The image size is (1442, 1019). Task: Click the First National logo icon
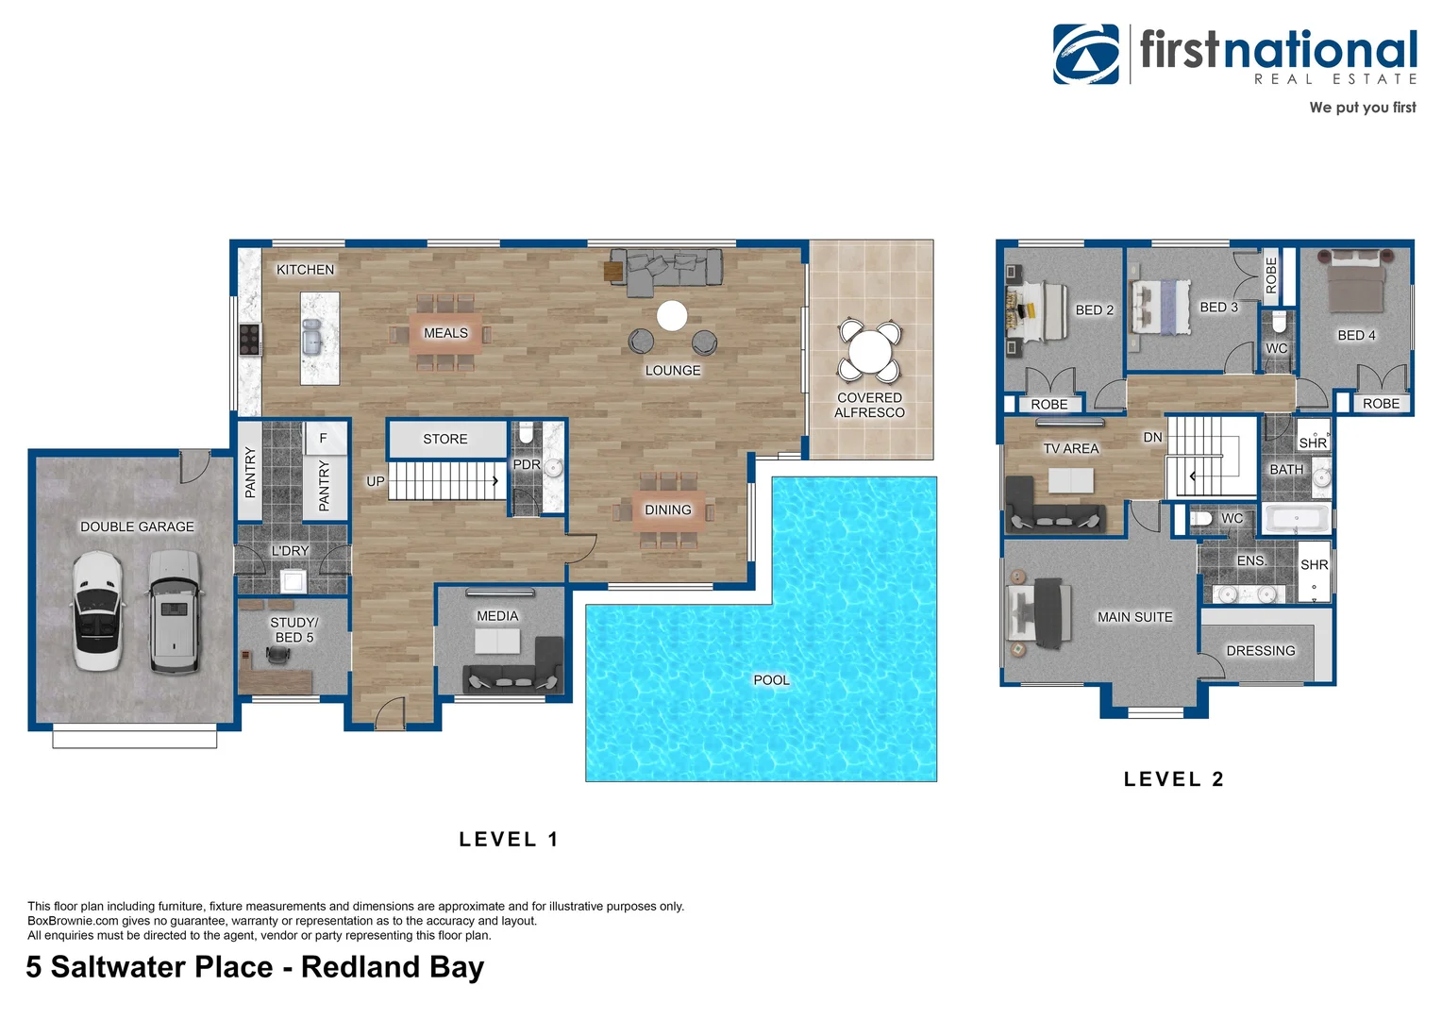pyautogui.click(x=1086, y=55)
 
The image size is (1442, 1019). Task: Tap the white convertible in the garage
pyautogui.click(x=97, y=610)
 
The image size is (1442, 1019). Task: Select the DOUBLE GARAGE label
pyautogui.click(x=137, y=526)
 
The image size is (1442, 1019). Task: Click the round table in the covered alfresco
pyautogui.click(x=869, y=352)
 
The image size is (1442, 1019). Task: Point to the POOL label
pyautogui.click(x=771, y=679)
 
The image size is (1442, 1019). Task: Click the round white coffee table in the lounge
pyautogui.click(x=672, y=316)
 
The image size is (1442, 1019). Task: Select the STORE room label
pyautogui.click(x=445, y=439)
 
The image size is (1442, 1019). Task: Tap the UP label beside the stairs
pyautogui.click(x=375, y=481)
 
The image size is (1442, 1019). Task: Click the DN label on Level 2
pyautogui.click(x=1152, y=437)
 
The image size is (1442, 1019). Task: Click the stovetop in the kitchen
pyautogui.click(x=250, y=339)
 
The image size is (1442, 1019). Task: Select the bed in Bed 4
pyautogui.click(x=1355, y=282)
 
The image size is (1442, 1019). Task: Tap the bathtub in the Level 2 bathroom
pyautogui.click(x=1297, y=519)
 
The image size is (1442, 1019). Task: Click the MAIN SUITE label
pyautogui.click(x=1134, y=617)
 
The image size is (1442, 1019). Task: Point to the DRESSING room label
pyautogui.click(x=1260, y=651)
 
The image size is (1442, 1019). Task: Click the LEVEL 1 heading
pyautogui.click(x=509, y=839)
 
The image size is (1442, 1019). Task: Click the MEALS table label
pyautogui.click(x=445, y=333)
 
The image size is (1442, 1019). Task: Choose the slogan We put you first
pyautogui.click(x=1362, y=108)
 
